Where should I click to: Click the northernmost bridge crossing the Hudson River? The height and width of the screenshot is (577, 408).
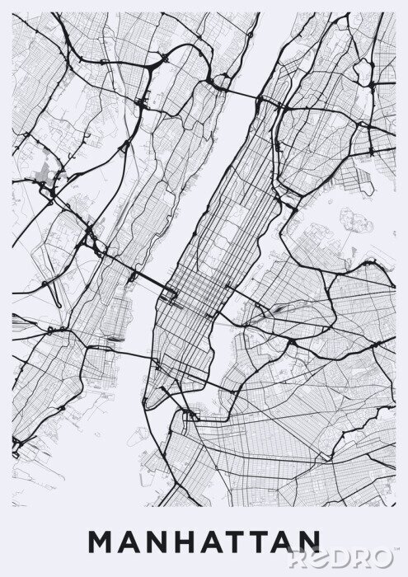tap(239, 93)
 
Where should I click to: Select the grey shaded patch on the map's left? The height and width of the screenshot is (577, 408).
tap(45, 172)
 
